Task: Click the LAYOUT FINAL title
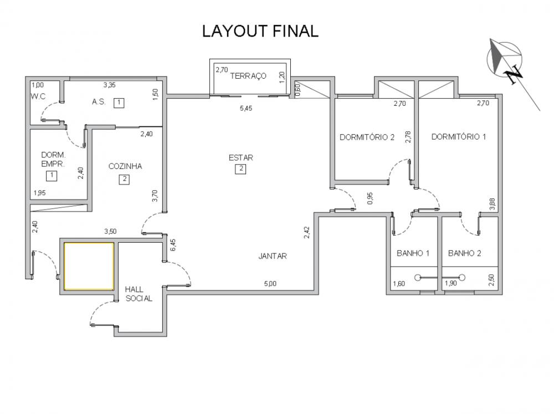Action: click(x=260, y=31)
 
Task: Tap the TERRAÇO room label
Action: click(x=248, y=76)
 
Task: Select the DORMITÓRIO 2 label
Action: click(x=367, y=137)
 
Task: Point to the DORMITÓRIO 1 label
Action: click(x=459, y=136)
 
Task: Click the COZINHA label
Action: click(x=125, y=166)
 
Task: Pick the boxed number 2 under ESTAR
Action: click(x=241, y=169)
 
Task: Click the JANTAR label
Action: click(x=273, y=256)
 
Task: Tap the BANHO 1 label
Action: click(x=413, y=253)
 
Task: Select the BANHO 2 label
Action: click(x=464, y=253)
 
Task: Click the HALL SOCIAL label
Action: click(x=138, y=294)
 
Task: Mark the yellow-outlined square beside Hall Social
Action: click(x=89, y=266)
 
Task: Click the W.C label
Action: click(x=38, y=96)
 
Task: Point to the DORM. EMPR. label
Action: click(x=53, y=160)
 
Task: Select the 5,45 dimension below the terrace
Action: click(x=246, y=108)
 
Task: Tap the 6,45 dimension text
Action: click(x=173, y=246)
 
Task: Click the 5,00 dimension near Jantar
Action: click(x=270, y=284)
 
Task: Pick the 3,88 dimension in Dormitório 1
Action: click(x=492, y=204)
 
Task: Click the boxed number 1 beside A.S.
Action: click(x=119, y=103)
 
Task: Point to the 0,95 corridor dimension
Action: click(x=370, y=198)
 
